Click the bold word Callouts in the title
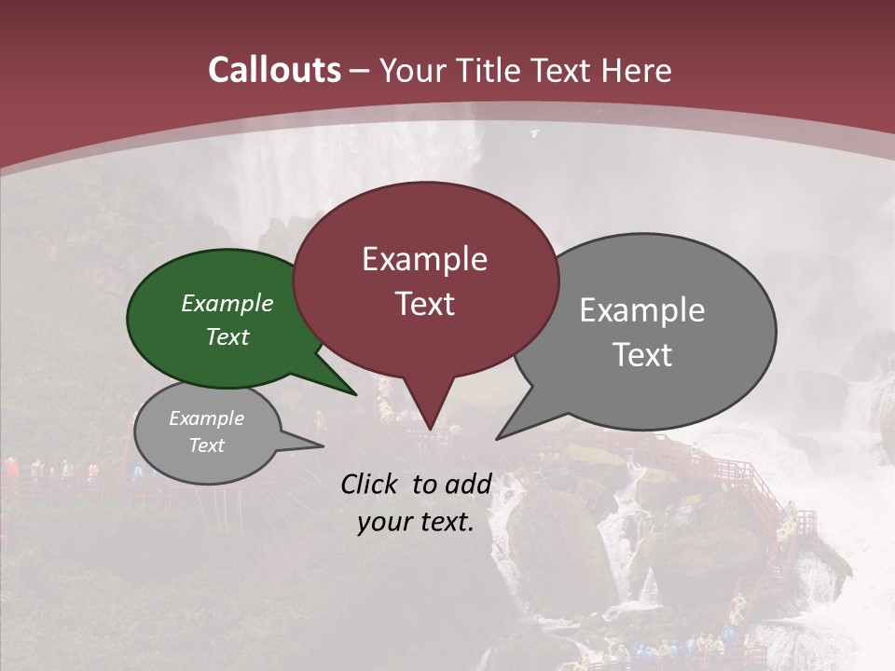coord(274,70)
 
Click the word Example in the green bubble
coord(227,303)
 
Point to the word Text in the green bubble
coord(227,336)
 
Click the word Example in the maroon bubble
coord(424,258)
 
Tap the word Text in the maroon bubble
coord(424,303)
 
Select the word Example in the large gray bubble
coord(642,309)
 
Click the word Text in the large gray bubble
coord(642,354)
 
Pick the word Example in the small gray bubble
coord(206,418)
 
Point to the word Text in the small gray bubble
coord(206,445)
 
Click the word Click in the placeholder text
coord(371,484)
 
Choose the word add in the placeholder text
coord(469,484)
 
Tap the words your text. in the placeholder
coord(415,522)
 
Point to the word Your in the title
coord(413,70)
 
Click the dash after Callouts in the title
coord(360,70)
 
